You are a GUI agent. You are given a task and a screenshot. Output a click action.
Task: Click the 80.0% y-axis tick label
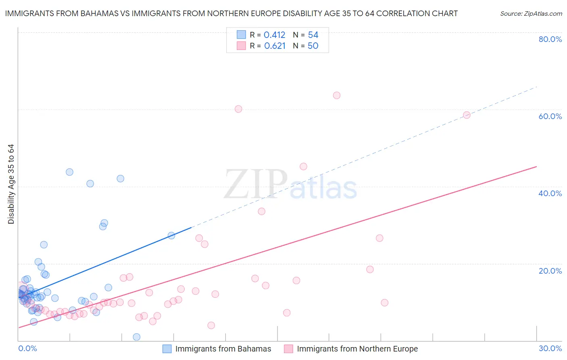[550, 39]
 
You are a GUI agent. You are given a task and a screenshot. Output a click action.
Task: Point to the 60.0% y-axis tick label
[550, 116]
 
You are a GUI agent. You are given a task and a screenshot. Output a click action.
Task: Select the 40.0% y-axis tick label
[550, 193]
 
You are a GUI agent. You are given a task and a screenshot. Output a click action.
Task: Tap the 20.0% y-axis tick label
[550, 271]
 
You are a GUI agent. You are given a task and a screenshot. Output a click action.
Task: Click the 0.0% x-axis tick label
[27, 348]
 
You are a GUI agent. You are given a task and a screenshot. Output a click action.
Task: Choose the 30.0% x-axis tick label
[550, 348]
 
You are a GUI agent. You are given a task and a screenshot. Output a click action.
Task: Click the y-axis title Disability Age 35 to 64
[11, 184]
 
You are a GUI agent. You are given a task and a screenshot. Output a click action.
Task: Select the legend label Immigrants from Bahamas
[223, 349]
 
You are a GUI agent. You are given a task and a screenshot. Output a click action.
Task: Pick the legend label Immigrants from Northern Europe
[357, 349]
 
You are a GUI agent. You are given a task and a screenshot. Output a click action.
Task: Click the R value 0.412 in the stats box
[274, 35]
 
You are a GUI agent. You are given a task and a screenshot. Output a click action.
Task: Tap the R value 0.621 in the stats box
[275, 46]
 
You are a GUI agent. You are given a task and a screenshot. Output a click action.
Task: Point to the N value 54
[313, 35]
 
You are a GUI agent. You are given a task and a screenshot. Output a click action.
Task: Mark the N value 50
[313, 46]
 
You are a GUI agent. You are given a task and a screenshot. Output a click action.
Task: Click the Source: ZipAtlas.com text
[531, 14]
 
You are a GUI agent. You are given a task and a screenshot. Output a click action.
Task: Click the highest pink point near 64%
[337, 95]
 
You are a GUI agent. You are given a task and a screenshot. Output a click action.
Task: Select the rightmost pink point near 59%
[467, 115]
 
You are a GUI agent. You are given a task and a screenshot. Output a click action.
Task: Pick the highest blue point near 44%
[69, 172]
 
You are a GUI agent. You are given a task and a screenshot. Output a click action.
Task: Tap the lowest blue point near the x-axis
[137, 337]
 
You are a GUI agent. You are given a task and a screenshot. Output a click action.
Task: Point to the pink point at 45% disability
[303, 166]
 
